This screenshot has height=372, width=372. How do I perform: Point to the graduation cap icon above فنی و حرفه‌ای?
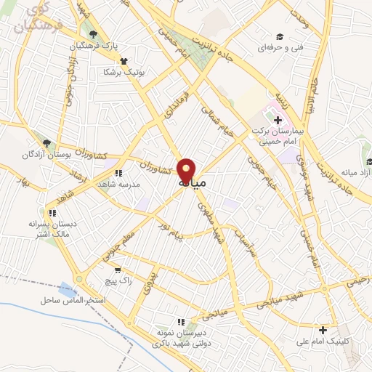[x=278, y=36]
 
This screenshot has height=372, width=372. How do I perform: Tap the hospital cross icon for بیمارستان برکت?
[x=278, y=119]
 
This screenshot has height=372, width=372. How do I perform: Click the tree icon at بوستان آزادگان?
[x=47, y=143]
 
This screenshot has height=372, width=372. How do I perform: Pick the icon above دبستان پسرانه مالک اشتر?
[x=51, y=213]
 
